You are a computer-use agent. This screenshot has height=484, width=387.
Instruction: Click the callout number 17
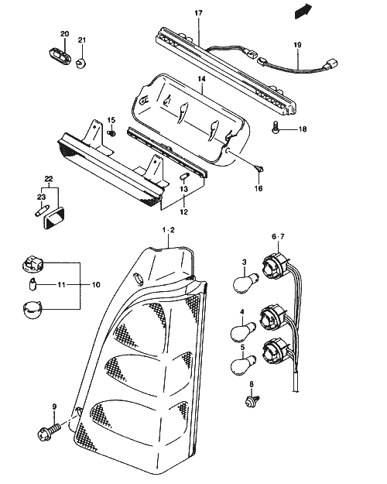coord(198,13)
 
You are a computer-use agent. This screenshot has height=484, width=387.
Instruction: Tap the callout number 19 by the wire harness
coord(297,45)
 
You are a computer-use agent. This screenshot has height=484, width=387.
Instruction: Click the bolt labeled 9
coord(49,431)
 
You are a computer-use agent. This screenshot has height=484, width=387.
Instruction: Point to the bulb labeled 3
coord(245,282)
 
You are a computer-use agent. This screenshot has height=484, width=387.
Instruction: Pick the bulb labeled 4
coord(244,332)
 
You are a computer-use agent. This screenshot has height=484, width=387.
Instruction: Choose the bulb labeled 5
coord(244,366)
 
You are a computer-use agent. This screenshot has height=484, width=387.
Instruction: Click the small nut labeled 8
coord(252,402)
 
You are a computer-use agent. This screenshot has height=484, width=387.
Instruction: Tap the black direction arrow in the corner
coord(303,12)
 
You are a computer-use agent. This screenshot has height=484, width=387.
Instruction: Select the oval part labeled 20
coord(60,57)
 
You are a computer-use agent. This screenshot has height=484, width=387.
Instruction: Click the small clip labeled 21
coord(80,63)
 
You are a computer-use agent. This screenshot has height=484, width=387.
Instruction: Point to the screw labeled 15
coord(111,133)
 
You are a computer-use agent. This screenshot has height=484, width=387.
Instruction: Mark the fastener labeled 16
coord(260,169)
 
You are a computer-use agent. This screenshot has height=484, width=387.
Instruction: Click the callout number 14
coord(201,79)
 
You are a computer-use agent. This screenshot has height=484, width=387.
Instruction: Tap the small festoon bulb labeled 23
coord(40,211)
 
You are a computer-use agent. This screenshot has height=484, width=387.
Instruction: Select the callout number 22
coord(49,179)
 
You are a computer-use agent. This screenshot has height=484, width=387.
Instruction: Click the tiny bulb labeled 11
coord(33,284)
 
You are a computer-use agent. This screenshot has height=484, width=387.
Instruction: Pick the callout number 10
coord(96,285)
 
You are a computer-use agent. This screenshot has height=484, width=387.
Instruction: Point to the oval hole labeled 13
coord(184,177)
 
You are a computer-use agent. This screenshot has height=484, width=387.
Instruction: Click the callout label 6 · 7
coord(278,237)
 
